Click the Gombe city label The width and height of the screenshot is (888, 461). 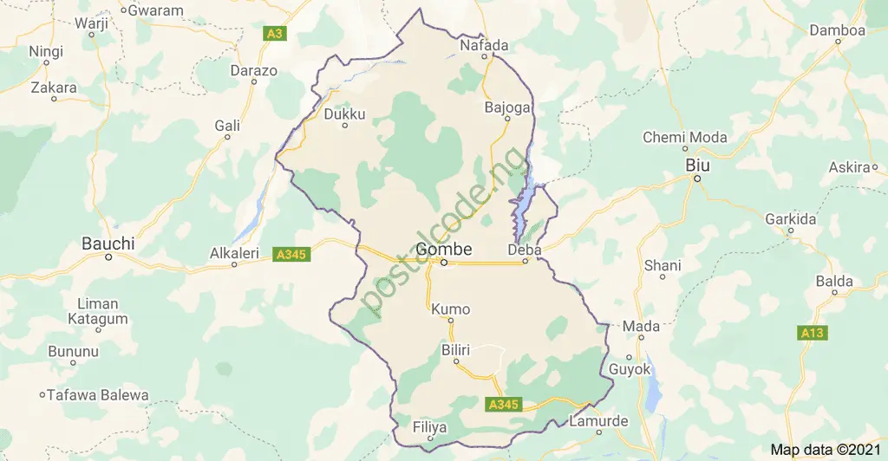444,249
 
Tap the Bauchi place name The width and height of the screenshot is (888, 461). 108,243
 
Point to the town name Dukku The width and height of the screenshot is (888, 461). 344,114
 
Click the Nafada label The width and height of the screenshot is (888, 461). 483,44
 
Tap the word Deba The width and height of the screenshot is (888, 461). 525,250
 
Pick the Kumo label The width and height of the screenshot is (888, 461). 450,309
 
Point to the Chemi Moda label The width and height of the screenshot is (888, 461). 684,138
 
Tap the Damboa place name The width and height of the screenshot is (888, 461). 837,30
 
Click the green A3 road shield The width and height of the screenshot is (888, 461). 275,34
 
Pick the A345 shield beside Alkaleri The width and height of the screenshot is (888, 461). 288,255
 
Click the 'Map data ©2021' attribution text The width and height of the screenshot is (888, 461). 824,449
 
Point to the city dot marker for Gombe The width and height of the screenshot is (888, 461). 443,263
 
